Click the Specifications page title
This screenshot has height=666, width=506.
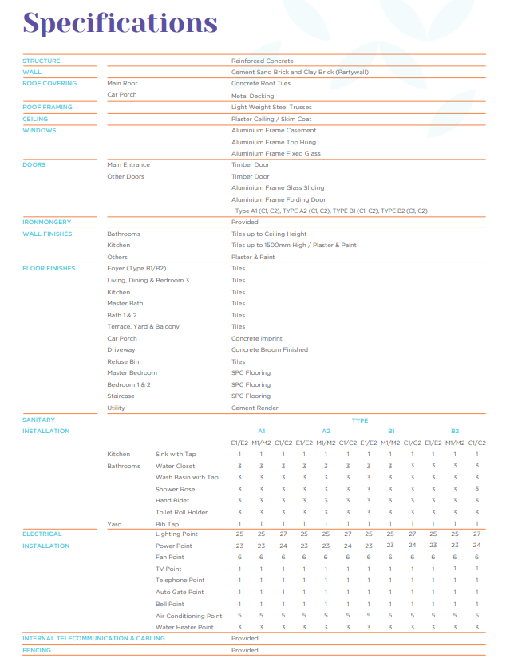120,22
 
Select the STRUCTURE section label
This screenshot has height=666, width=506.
42,61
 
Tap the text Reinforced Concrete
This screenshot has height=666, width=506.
263,61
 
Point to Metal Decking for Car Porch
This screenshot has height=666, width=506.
252,96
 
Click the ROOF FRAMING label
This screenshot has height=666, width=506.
47,107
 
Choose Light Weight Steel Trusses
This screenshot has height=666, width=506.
271,107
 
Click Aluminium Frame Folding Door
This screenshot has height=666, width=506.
279,199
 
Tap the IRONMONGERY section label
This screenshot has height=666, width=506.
47,222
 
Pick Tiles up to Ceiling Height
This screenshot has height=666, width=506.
269,234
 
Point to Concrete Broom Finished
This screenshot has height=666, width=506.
269,349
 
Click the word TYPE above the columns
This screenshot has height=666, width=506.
360,420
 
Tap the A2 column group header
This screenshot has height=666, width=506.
326,431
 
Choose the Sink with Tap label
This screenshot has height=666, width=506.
176,454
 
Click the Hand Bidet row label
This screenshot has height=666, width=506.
172,500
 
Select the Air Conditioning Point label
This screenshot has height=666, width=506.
188,616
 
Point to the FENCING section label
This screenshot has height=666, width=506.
37,650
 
